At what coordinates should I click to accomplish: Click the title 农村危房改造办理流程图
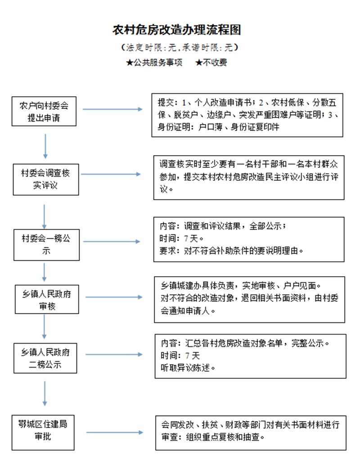176,30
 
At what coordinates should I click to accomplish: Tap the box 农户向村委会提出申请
44,111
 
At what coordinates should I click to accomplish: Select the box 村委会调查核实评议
46,179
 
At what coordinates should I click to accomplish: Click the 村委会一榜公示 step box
46,245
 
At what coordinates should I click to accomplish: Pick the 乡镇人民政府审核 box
47,299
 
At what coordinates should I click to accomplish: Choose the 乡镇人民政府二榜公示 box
45,358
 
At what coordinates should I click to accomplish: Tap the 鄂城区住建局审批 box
43,432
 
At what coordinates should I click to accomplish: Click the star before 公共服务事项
130,63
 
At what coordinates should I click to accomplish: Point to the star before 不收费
199,63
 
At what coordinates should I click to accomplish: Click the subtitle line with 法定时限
180,47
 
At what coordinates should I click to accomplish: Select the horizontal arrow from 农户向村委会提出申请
112,109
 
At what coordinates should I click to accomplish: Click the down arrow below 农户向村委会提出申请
45,146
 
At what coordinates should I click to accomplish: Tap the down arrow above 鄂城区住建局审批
45,394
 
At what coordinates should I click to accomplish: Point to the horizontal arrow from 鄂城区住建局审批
115,432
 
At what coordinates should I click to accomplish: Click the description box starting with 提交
247,115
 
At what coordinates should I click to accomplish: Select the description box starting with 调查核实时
249,177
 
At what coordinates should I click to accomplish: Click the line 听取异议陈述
188,368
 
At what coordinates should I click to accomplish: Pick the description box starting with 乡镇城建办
249,300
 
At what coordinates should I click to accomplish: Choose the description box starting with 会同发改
251,433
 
